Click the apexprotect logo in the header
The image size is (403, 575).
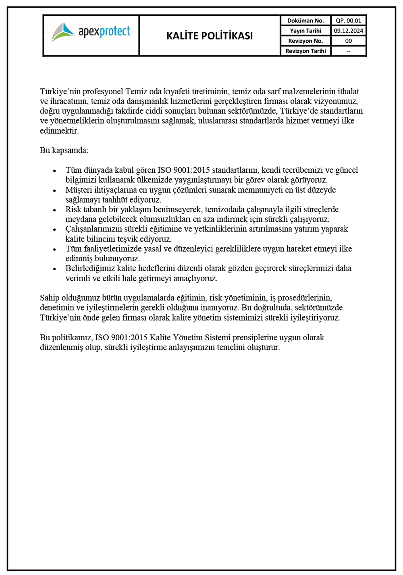[91, 32]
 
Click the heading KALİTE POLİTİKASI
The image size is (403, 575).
[210, 36]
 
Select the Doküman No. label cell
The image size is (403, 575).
[305, 21]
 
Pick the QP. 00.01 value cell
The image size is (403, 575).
[348, 21]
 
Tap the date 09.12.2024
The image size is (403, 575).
[348, 31]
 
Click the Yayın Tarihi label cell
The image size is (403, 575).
[305, 31]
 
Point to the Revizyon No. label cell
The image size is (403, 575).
[305, 41]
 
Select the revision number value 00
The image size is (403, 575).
[348, 41]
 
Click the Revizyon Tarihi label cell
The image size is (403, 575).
[305, 51]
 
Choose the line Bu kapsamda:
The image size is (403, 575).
[64, 150]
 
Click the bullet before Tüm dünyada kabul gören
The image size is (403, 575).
[54, 171]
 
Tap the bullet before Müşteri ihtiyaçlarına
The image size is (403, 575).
[54, 190]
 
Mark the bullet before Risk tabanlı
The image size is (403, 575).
[54, 210]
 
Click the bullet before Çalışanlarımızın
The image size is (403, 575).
[54, 230]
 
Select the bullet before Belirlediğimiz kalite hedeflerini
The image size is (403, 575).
[54, 269]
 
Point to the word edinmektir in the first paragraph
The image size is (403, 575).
[59, 131]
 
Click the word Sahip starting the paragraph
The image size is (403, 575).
[49, 298]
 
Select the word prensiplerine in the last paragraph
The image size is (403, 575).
[255, 337]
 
